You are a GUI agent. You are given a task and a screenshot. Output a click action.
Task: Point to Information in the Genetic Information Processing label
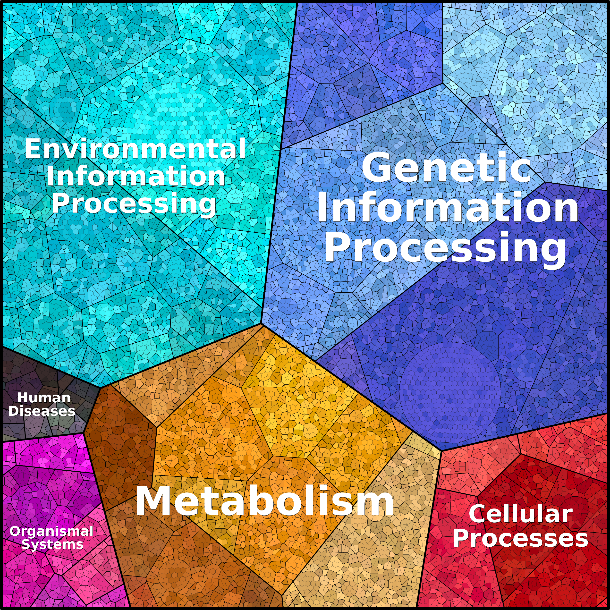(448, 207)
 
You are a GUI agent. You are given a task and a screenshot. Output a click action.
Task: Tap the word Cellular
(520, 514)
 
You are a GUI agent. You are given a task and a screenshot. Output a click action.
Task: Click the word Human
(44, 398)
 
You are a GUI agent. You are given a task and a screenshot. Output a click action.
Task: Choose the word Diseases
(42, 411)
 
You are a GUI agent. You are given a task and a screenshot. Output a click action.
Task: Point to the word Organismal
(51, 531)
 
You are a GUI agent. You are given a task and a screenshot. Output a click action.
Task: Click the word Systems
(52, 545)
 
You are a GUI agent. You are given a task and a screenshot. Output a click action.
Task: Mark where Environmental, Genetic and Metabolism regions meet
(262, 323)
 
